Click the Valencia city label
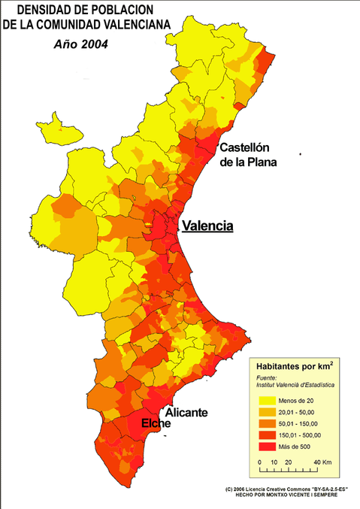(x=207, y=226)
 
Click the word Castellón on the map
(x=244, y=147)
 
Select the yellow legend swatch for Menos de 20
(x=268, y=401)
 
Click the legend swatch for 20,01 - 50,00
(x=268, y=413)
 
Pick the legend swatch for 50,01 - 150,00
(x=268, y=424)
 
